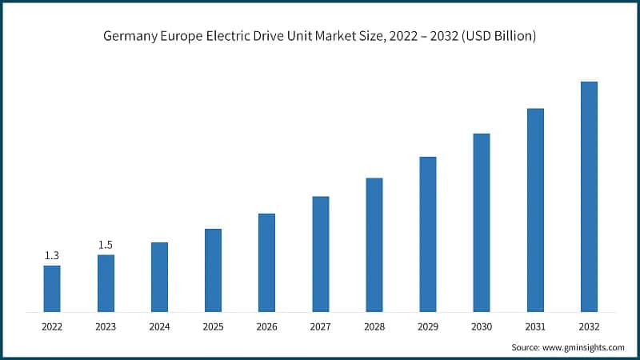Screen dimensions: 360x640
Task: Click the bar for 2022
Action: (52, 288)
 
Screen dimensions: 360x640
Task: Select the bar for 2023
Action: (106, 283)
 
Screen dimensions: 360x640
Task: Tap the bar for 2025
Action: (213, 270)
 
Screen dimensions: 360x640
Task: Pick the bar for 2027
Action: (320, 254)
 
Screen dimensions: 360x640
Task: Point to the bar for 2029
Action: (428, 234)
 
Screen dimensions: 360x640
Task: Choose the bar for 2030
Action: (482, 222)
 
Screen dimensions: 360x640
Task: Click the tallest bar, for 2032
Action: (589, 196)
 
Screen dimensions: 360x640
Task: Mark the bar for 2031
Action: (535, 210)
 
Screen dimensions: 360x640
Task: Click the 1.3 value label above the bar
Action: (52, 255)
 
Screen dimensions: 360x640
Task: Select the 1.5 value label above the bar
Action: (106, 245)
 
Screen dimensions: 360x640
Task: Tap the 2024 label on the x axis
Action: (159, 326)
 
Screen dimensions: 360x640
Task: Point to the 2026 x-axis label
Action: (266, 326)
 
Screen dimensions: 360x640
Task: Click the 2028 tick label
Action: (374, 326)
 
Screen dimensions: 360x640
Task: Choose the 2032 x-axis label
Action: (589, 326)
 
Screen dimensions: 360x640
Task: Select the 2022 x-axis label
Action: (52, 326)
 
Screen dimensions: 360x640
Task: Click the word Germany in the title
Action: (129, 37)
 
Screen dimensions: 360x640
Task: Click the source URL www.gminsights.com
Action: (584, 347)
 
